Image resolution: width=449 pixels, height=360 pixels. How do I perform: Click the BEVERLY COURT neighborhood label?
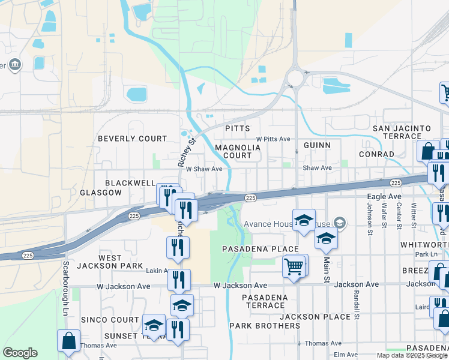132,139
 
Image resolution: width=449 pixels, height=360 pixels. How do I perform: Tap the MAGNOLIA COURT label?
238,151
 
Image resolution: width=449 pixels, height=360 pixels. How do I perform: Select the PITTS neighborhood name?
237,129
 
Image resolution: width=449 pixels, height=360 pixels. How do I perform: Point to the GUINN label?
317,145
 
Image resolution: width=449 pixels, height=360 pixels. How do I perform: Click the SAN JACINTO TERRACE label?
402,133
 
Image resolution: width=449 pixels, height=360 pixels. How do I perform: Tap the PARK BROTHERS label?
265,326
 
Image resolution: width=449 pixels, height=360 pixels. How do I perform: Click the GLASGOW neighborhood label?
101,193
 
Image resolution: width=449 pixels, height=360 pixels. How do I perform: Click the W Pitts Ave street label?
273,139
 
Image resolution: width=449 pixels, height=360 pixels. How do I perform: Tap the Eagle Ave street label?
384,196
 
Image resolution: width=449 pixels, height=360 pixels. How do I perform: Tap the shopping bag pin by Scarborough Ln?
69,340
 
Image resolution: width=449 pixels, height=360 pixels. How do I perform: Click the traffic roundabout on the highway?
295,78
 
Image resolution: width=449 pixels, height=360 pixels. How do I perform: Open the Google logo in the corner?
20,353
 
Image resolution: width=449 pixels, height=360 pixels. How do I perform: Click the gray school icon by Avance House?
340,223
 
